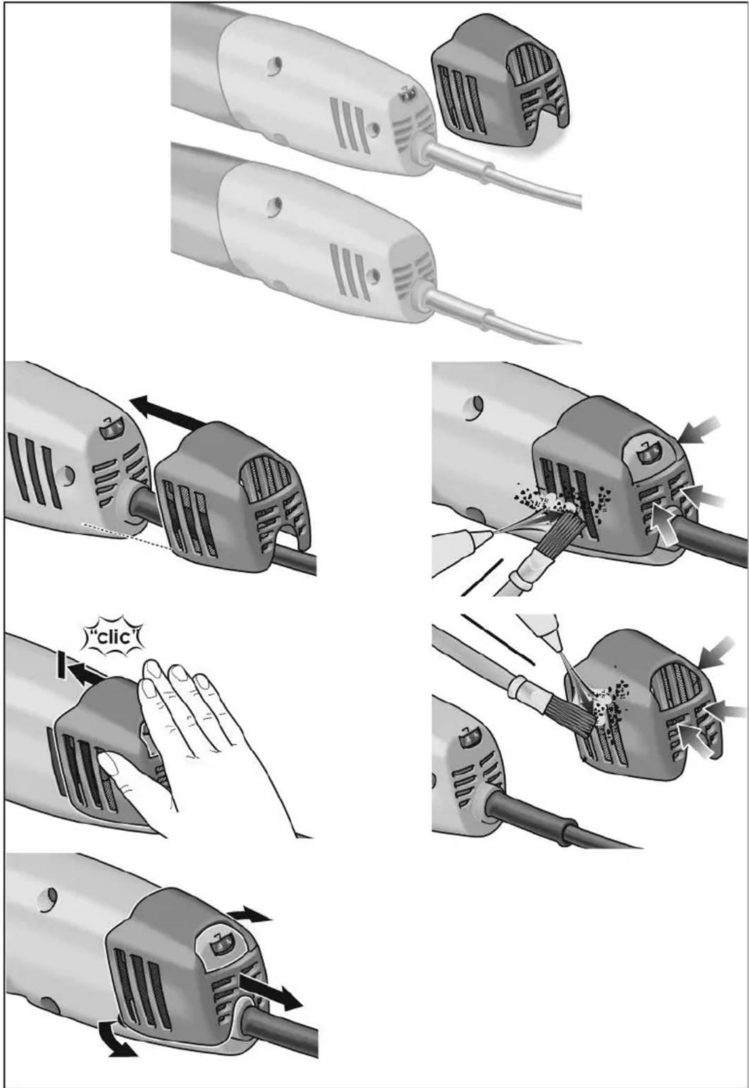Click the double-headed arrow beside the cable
point(270,989)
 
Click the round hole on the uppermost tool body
point(277,65)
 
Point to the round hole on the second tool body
point(277,204)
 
